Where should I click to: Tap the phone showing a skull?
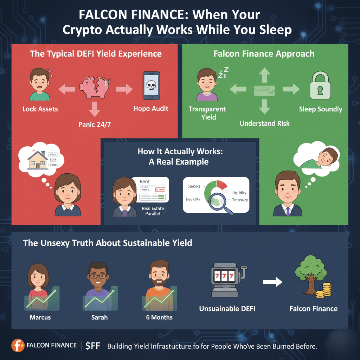[151, 86]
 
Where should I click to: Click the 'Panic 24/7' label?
[94, 124]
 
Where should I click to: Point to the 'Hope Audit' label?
[151, 109]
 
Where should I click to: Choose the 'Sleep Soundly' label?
[320, 109]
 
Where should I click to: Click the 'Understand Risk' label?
[265, 123]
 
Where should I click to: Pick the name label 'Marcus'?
[40, 317]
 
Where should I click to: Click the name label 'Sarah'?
[99, 317]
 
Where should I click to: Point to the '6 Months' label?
[159, 317]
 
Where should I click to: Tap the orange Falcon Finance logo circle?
[18, 345]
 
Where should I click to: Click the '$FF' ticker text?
[93, 346]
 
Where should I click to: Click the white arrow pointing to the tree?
[273, 282]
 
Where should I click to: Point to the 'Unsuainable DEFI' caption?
[227, 309]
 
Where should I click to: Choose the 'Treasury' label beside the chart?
[240, 200]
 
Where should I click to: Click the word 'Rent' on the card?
[144, 181]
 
